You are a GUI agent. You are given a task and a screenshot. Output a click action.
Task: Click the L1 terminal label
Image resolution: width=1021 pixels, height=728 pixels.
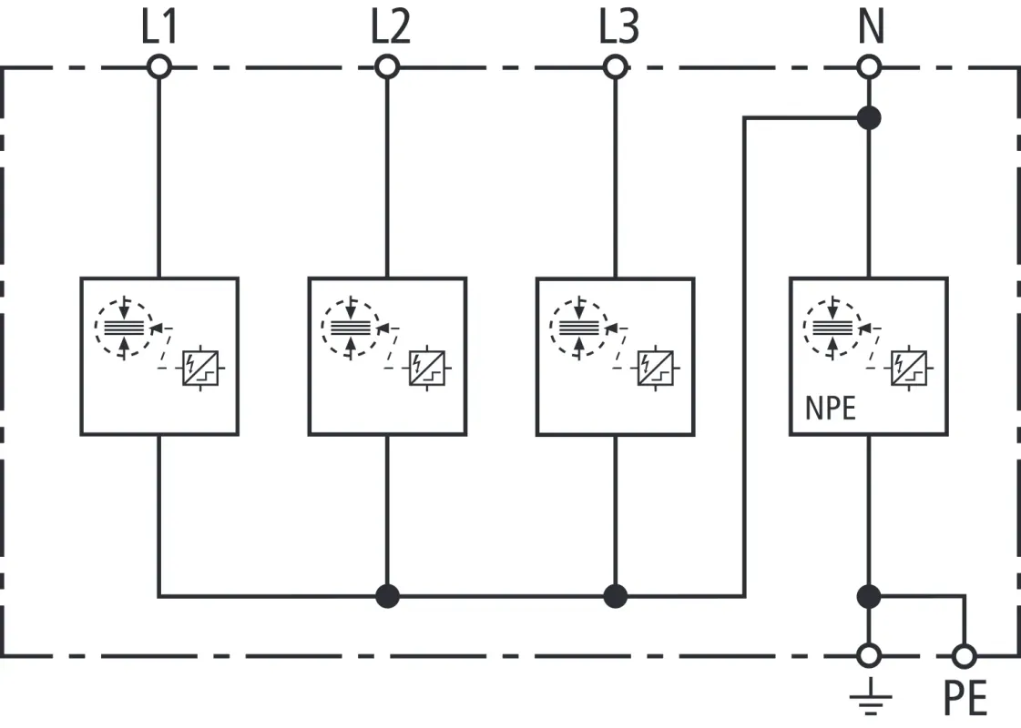click(158, 28)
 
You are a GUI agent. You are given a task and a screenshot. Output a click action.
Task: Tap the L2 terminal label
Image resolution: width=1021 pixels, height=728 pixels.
click(389, 28)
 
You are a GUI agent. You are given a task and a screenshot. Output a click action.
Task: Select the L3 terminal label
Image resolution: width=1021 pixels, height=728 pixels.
click(618, 28)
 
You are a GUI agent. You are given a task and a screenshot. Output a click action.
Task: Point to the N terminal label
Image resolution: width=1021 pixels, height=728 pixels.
click(871, 28)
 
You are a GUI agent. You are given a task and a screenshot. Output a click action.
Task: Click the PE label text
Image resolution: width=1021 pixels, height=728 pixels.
click(965, 700)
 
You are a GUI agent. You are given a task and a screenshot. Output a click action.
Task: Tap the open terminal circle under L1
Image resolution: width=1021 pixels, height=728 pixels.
click(159, 66)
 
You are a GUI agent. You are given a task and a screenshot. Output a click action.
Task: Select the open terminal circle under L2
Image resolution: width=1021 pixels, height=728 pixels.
click(388, 66)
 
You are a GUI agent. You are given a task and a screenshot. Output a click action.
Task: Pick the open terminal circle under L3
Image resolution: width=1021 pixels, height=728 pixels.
click(616, 66)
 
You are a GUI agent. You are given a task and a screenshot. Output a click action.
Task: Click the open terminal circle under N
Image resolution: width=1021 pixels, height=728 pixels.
click(870, 66)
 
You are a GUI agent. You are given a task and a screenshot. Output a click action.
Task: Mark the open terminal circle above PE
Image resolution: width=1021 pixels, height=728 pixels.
click(964, 654)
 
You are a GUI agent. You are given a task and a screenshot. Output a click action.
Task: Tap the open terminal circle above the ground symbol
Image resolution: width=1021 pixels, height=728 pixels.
click(870, 654)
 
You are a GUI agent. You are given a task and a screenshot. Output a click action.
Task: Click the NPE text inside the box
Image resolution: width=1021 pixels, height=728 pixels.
click(831, 408)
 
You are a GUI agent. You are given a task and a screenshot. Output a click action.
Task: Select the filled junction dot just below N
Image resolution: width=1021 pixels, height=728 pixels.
click(870, 117)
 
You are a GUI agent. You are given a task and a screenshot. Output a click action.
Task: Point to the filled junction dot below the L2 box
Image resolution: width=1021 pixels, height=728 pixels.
click(388, 596)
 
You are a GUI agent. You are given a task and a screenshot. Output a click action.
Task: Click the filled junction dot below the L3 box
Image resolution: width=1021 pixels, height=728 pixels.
click(616, 596)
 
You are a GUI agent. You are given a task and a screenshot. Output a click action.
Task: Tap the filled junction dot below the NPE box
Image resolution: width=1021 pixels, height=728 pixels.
click(870, 596)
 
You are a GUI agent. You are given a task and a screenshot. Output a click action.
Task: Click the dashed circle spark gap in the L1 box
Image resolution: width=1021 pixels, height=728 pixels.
click(124, 325)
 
